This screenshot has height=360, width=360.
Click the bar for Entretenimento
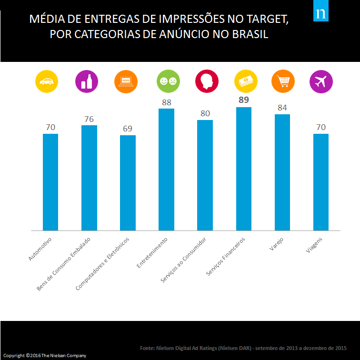pyautogui.click(x=166, y=170)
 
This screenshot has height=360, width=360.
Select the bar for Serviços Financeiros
pyautogui.click(x=244, y=169)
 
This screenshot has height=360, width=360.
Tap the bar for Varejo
pyautogui.click(x=282, y=172)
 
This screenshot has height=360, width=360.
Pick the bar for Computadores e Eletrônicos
pyautogui.click(x=128, y=183)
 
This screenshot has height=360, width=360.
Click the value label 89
pyautogui.click(x=244, y=100)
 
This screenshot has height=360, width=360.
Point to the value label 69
pyautogui.click(x=128, y=129)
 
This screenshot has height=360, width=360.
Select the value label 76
pyautogui.click(x=89, y=119)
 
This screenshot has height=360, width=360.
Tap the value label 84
pyautogui.click(x=282, y=108)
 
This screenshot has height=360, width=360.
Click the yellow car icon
pyautogui.click(x=47, y=81)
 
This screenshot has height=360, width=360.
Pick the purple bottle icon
pyautogui.click(x=87, y=81)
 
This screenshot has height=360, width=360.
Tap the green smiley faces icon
pyautogui.click(x=168, y=81)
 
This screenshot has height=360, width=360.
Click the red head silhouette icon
pyautogui.click(x=207, y=81)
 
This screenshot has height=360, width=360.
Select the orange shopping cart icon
pyautogui.click(x=283, y=81)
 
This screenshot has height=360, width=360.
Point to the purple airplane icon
pyautogui.click(x=321, y=81)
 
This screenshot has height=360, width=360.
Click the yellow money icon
pyautogui.click(x=246, y=81)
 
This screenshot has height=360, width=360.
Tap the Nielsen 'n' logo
pyautogui.click(x=321, y=11)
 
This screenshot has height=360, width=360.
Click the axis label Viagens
pyautogui.click(x=314, y=245)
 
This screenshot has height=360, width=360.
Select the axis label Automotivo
pyautogui.click(x=40, y=249)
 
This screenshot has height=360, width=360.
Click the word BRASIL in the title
pyautogui.click(x=250, y=34)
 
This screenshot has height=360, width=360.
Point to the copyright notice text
pyautogui.click(x=45, y=355)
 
